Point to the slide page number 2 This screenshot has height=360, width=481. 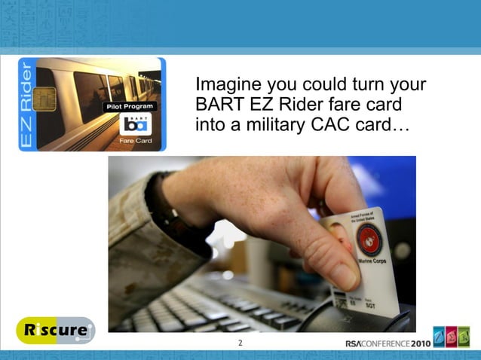pos(240,343)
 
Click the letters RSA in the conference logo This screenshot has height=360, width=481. pos(354,343)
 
